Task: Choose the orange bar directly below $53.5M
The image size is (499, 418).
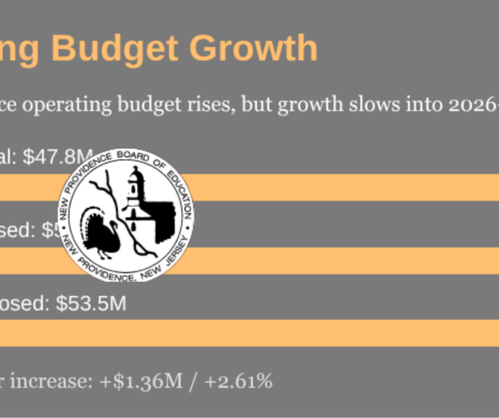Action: coord(249,332)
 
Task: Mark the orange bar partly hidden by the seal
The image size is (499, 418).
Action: coord(333,260)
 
